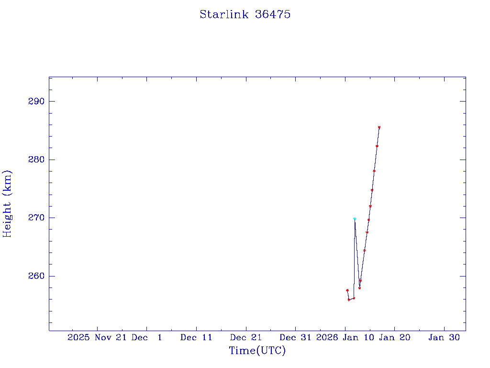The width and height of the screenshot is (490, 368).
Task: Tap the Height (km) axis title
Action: [7, 204]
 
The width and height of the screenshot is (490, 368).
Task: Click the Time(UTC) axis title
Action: [257, 351]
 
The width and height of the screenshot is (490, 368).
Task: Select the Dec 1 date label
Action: [147, 337]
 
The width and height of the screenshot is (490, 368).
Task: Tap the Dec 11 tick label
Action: [196, 337]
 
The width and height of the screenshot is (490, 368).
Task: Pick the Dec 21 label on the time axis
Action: [245, 337]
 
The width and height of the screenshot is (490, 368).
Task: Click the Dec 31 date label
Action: [295, 337]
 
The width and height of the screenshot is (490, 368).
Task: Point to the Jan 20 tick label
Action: [394, 337]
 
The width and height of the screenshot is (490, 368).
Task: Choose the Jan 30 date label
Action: [444, 337]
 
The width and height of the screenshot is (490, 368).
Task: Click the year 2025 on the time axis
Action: [78, 337]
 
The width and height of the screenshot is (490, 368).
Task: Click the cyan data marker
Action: [355, 218]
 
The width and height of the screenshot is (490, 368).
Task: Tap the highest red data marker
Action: [379, 127]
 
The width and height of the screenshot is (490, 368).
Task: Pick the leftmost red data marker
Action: [347, 290]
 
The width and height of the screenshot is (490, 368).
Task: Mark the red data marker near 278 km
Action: [374, 171]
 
